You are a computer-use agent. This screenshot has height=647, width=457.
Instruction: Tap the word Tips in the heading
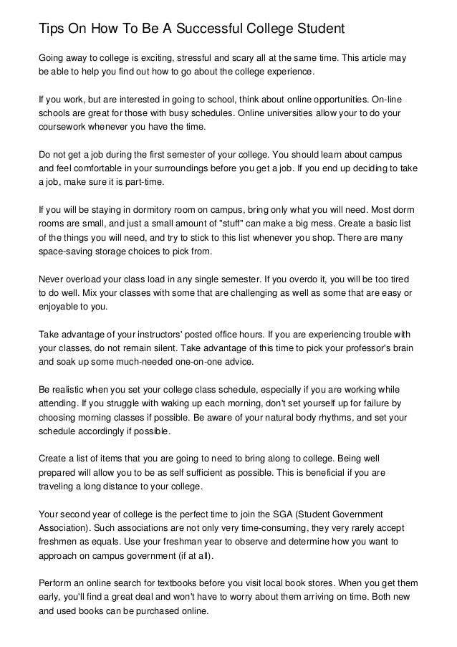click(x=52, y=29)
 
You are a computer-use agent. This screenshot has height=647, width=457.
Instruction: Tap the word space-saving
click(x=66, y=252)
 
